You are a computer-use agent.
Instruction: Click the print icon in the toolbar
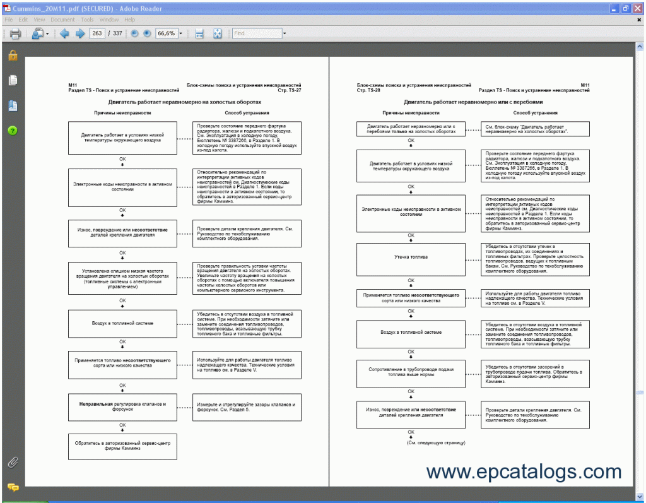15,33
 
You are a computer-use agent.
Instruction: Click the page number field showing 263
97,33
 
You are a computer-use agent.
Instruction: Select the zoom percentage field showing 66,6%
166,33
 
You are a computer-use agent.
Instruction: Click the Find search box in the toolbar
257,33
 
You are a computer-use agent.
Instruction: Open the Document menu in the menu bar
62,20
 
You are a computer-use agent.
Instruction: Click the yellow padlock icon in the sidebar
13,56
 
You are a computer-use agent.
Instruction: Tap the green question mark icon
13,131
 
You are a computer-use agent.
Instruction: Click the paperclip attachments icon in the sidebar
13,463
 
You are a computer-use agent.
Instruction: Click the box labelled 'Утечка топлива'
411,257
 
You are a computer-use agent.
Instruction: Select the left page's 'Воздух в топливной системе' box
122,324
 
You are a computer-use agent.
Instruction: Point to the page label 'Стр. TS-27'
289,91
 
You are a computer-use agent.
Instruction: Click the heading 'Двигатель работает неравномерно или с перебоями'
473,102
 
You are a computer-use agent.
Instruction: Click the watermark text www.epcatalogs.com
524,471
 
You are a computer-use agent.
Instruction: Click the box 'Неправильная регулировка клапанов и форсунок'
122,407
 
